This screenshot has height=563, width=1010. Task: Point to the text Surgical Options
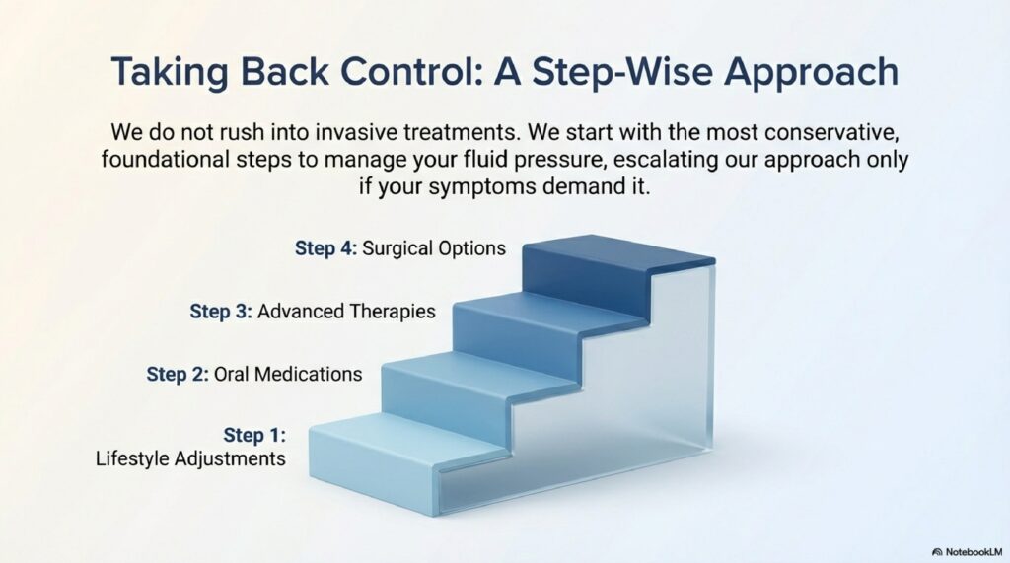[x=434, y=248]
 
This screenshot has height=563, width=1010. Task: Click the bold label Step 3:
[x=221, y=312]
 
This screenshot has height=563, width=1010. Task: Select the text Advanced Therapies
[x=346, y=312]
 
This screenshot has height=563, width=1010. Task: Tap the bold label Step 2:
[x=178, y=374]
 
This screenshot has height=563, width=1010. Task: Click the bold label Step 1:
[x=254, y=436]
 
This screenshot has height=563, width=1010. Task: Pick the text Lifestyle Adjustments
[x=190, y=458]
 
